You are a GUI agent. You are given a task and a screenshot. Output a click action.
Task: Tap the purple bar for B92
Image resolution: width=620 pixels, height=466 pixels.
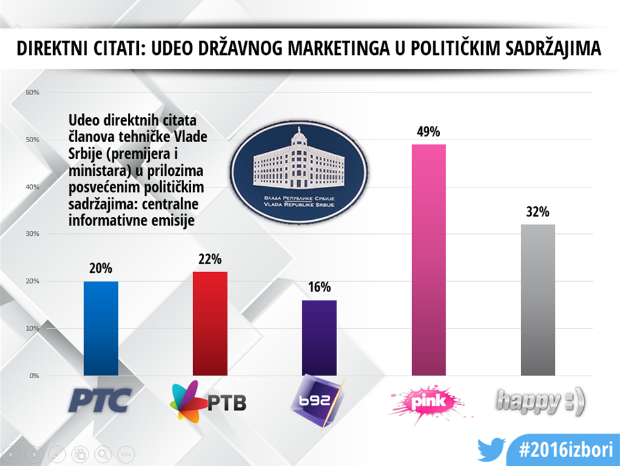tap(319, 337)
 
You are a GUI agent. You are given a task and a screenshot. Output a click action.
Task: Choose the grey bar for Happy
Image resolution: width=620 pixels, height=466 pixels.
tap(537, 300)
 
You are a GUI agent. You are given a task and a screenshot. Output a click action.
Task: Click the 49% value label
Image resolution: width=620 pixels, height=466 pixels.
tap(428, 132)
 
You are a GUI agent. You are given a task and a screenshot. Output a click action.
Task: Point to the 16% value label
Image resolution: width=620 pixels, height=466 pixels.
tap(319, 288)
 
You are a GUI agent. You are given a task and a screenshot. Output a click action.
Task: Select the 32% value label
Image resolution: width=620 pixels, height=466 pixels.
tap(537, 212)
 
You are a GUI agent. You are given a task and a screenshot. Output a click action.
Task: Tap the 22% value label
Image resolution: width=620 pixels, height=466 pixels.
tap(209, 259)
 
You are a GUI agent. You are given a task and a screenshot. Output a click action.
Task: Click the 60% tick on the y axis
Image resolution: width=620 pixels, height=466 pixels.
tap(32, 92)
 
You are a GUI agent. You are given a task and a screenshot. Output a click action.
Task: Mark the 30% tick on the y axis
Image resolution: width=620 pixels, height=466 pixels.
tap(32, 234)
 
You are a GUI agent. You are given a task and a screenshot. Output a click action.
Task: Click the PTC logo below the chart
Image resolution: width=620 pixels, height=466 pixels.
tap(100, 401)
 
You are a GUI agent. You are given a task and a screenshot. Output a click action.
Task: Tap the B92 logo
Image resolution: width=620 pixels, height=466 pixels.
tap(318, 399)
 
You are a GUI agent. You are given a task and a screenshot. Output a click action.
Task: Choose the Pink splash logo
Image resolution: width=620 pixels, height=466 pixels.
tap(428, 401)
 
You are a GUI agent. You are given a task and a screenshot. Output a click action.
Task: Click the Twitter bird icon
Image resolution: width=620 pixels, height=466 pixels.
tap(490, 450)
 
